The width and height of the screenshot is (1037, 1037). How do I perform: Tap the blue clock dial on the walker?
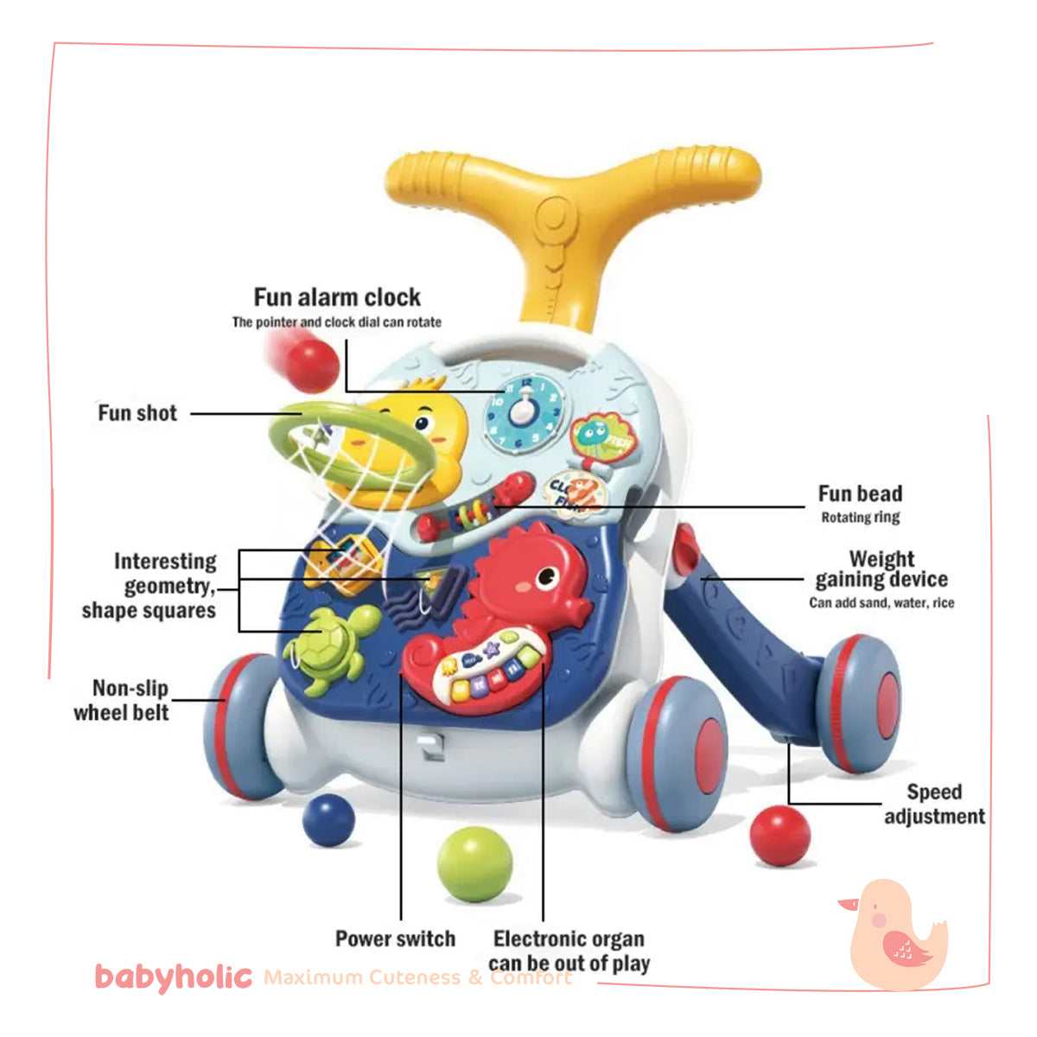(x=522, y=412)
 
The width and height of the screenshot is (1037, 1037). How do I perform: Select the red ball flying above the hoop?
(x=311, y=365)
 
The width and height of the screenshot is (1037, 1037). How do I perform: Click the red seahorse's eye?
(x=546, y=577)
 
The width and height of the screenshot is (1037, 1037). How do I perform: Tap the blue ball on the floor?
(x=328, y=820)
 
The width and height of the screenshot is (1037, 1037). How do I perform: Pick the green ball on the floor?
(x=474, y=863)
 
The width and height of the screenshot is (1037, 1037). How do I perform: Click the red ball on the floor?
(x=779, y=835)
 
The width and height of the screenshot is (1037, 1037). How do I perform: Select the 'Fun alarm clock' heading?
(x=337, y=297)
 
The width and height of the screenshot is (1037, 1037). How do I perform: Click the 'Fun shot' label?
(x=137, y=413)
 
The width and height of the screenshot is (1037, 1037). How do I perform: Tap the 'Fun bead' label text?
(x=860, y=494)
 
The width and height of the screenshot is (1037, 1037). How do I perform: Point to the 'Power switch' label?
(x=395, y=938)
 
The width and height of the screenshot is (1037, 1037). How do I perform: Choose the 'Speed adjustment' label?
(x=934, y=804)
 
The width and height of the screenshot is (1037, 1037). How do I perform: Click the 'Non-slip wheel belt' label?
(x=123, y=700)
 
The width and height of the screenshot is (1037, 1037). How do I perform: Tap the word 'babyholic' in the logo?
(x=173, y=977)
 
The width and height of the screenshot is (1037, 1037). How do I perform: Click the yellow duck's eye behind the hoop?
(x=423, y=423)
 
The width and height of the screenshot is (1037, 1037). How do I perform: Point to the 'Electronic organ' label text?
(x=569, y=939)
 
